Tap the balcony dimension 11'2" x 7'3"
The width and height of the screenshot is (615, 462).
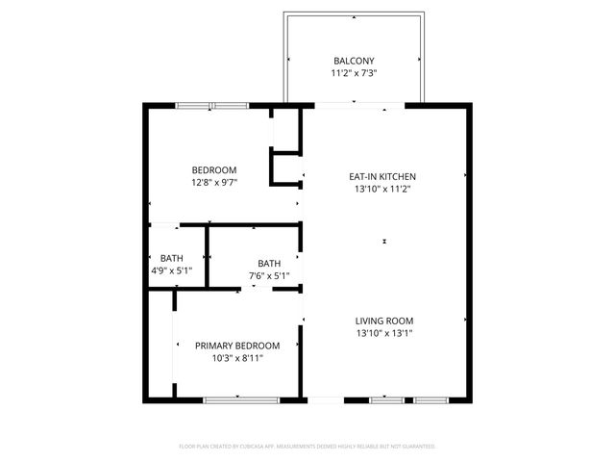(355, 72)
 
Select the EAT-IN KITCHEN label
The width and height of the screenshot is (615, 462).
(382, 177)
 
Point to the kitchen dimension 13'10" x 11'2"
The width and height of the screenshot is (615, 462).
(382, 190)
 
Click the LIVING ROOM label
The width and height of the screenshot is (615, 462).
(383, 321)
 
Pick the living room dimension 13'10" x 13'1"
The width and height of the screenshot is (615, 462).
(383, 334)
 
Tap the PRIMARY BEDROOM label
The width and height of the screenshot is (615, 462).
(237, 346)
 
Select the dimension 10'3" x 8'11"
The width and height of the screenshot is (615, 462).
(237, 358)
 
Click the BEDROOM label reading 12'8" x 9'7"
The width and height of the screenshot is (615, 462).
(214, 169)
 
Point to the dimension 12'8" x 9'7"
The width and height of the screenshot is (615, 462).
(214, 182)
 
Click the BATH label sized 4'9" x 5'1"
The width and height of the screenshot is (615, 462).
(172, 258)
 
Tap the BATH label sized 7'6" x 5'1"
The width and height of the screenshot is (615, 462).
(269, 264)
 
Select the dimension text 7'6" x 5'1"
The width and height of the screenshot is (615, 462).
(269, 276)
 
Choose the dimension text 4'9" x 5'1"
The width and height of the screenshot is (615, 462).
(172, 270)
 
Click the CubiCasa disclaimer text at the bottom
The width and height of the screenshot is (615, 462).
(307, 447)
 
